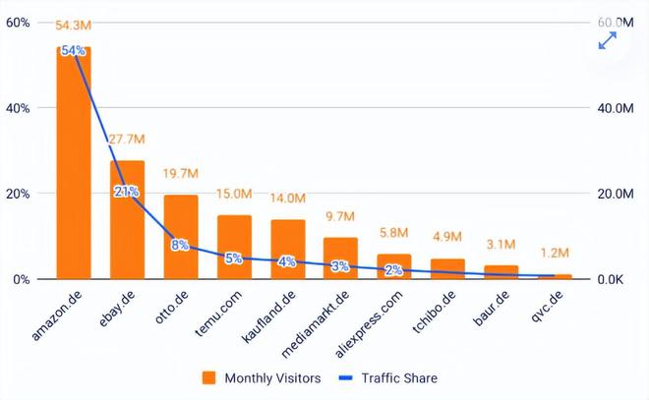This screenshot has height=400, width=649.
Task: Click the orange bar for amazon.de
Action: coord(74,163)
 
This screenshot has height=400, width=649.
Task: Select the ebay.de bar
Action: coord(127,219)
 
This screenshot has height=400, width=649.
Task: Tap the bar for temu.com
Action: coord(234,247)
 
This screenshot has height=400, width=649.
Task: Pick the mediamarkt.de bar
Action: coord(340,258)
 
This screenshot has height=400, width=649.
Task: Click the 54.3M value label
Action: coord(74,26)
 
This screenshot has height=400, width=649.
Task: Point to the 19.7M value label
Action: coord(181,173)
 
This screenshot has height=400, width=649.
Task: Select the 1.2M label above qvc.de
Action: coord(555,253)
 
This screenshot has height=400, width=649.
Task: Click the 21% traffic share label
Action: coord(127,192)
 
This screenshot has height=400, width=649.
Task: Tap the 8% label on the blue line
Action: coord(180,245)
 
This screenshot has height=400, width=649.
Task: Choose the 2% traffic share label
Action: coord(393,270)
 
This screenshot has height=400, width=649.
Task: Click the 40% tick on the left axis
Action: coord(18,108)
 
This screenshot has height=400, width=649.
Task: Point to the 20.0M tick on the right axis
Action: coord(616,194)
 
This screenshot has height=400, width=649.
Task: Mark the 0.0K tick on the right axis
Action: coord(610,280)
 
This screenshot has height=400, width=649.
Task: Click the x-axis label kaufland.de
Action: coord(268,316)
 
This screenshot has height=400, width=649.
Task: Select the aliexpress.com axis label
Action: coord(369,324)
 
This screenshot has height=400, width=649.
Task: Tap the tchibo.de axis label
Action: coord(435,312)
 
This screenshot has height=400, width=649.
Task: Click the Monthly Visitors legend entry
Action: coord(262,378)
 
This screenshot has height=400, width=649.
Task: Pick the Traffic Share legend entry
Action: coord(387,378)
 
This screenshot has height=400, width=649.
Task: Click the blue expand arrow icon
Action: coord(608,40)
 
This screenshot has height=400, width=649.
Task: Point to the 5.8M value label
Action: coord(393,233)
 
